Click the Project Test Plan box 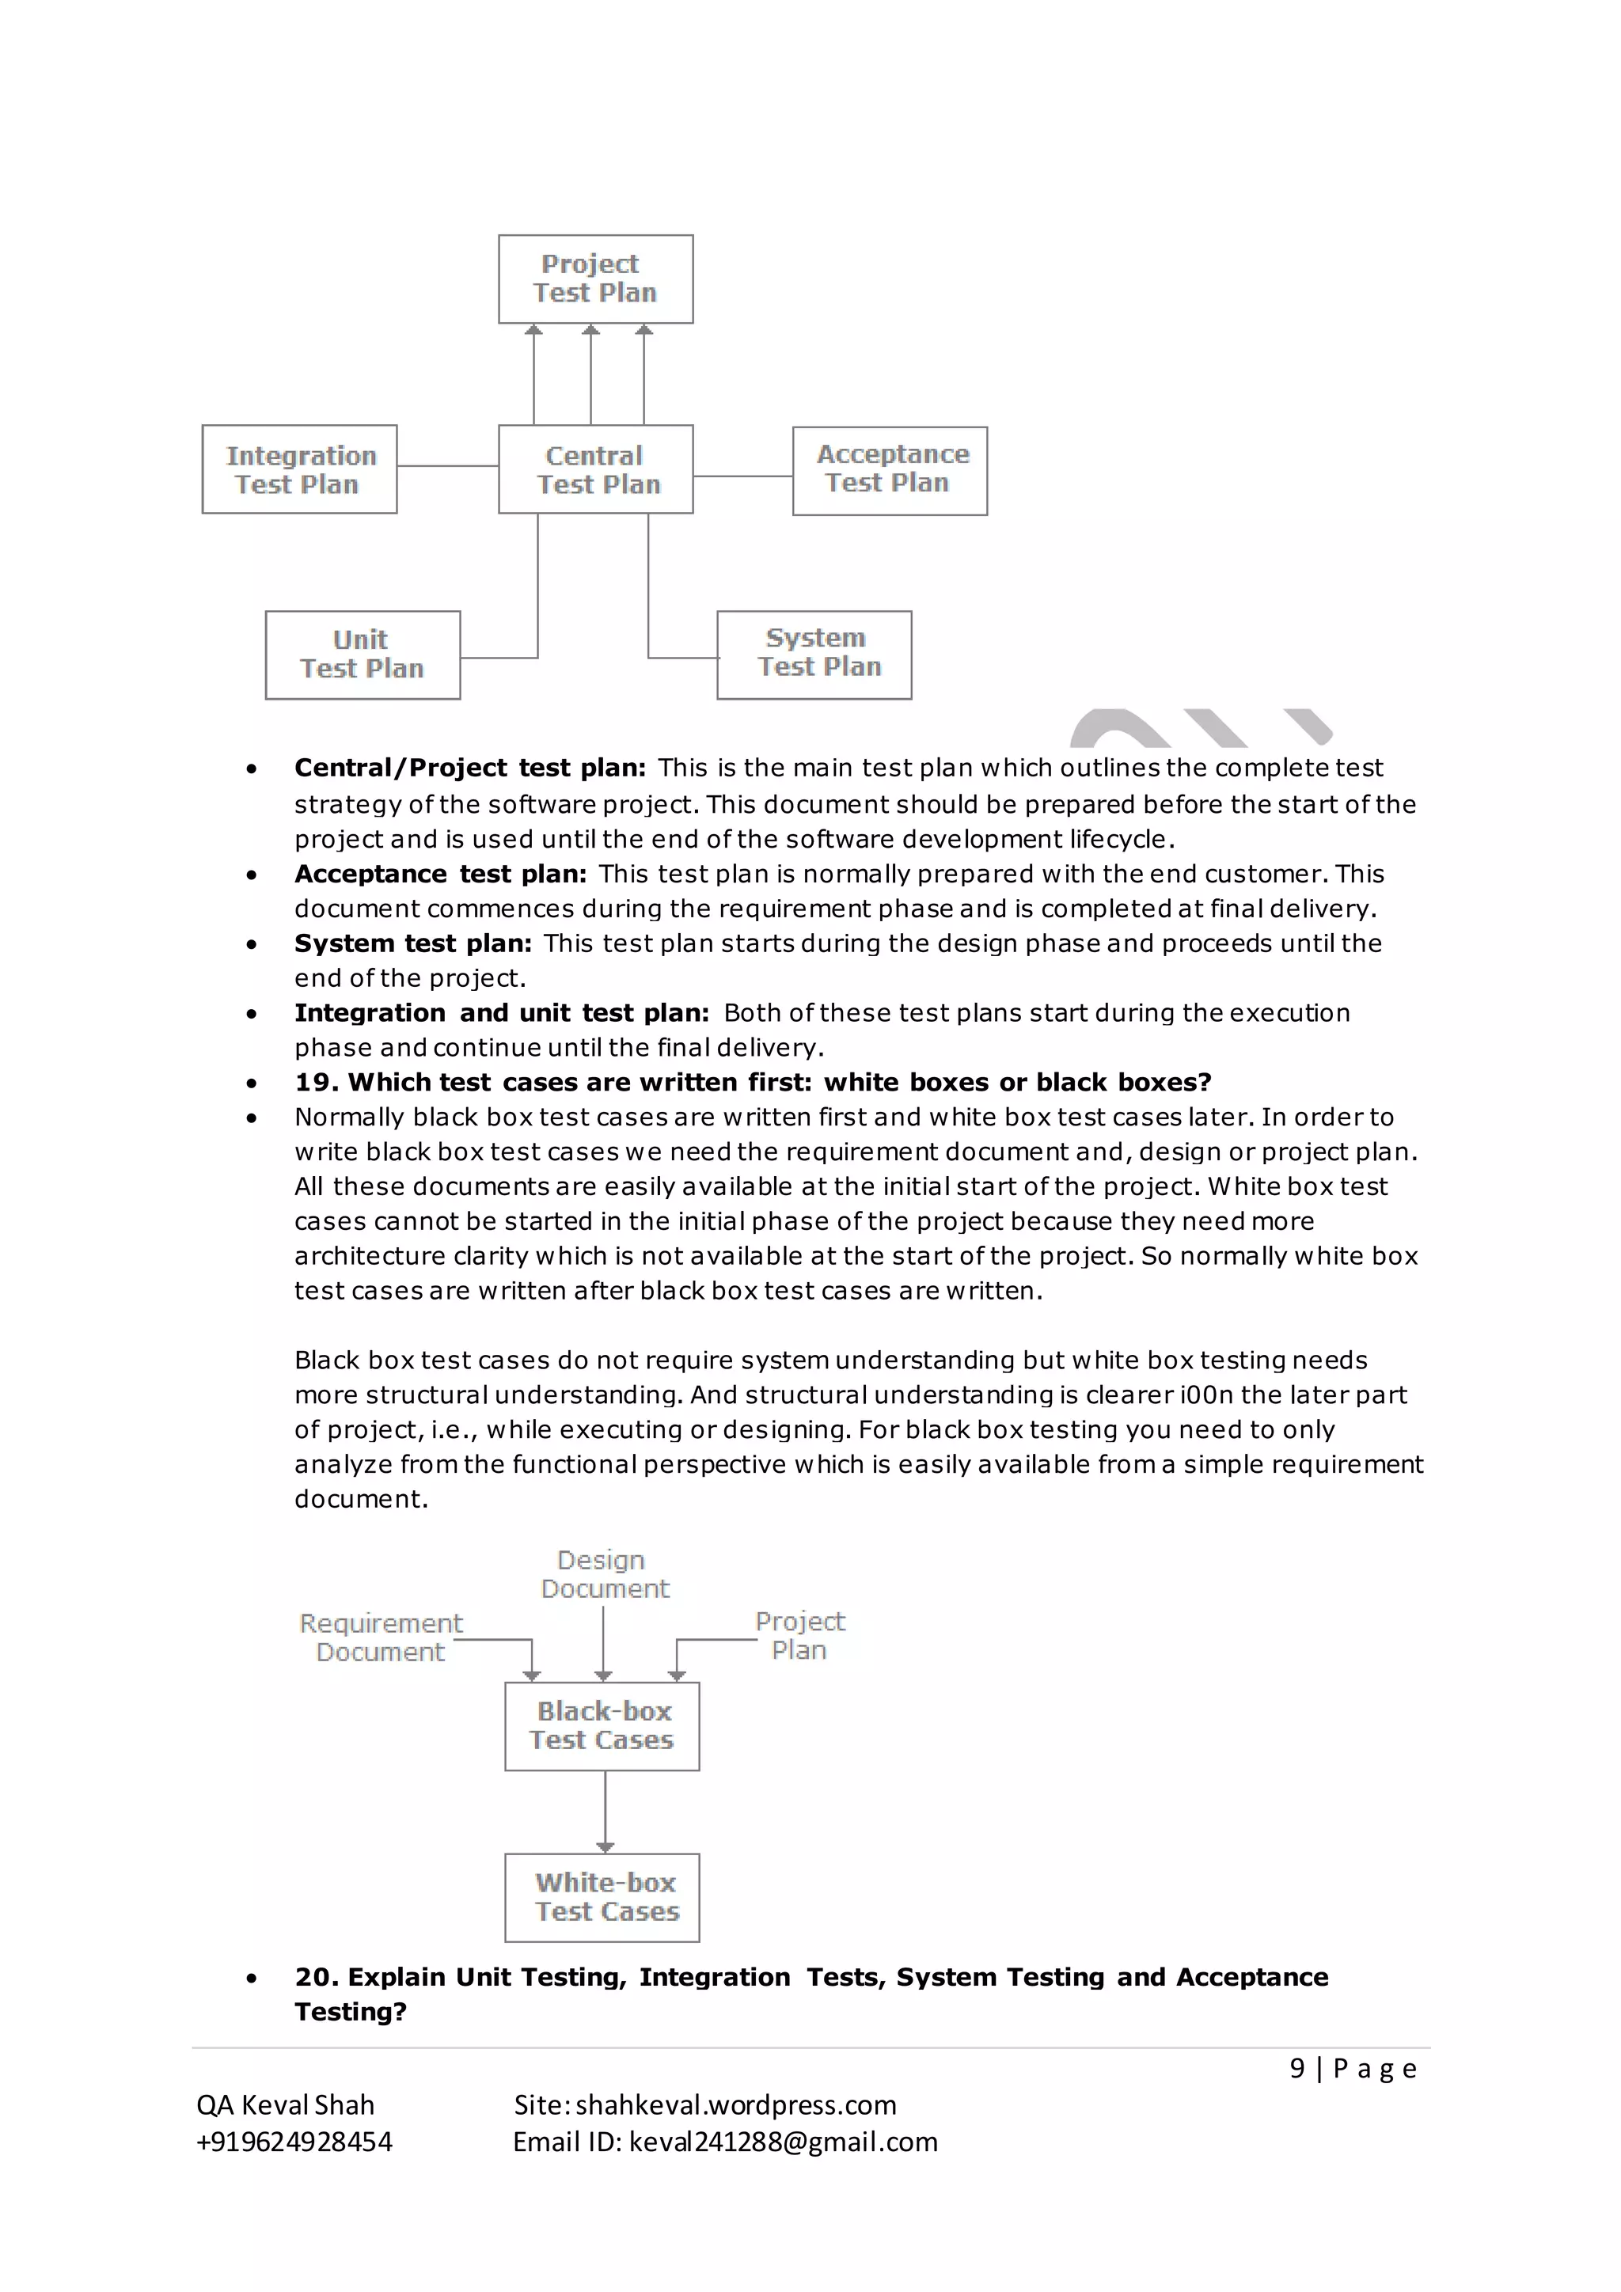[x=595, y=279]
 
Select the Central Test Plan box [x=595, y=469]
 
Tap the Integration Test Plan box [x=299, y=469]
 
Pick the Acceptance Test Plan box [x=890, y=470]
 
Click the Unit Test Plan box [x=363, y=655]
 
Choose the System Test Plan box [x=814, y=654]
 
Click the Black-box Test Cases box [x=602, y=1726]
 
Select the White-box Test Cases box [x=602, y=1897]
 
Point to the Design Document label [x=604, y=1574]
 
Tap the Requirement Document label [x=380, y=1637]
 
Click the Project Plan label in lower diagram [x=799, y=1635]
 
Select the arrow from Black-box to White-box [x=605, y=1811]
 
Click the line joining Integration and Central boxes [x=447, y=466]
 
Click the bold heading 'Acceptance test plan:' [x=440, y=874]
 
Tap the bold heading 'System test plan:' [x=412, y=943]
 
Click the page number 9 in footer [x=1296, y=2068]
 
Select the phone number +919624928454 [x=294, y=2142]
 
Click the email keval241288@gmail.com [x=783, y=2142]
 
